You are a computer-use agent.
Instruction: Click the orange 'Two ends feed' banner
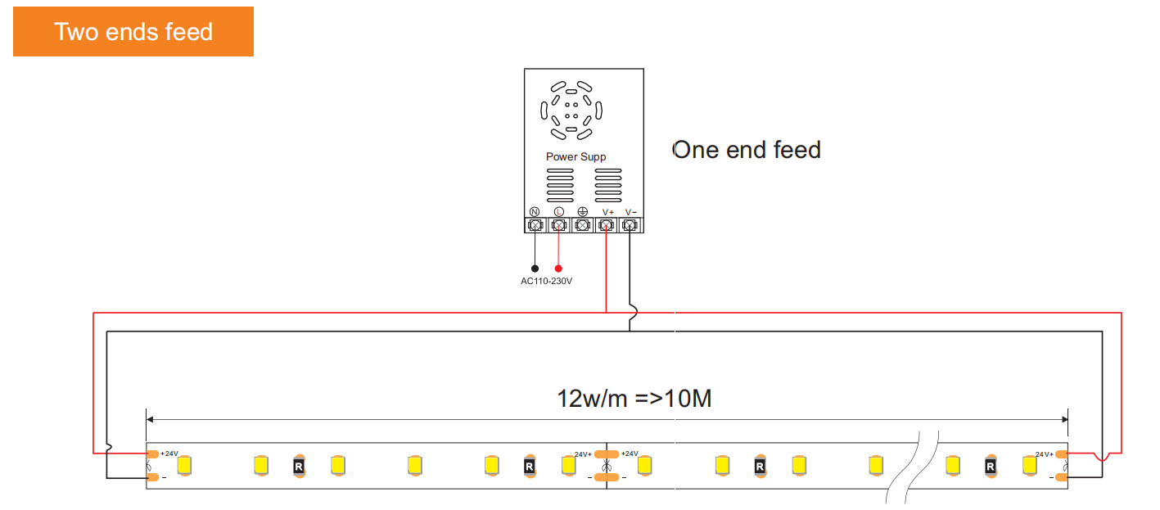[133, 32]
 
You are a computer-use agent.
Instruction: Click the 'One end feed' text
[747, 150]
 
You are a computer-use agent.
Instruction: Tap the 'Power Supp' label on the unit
[575, 157]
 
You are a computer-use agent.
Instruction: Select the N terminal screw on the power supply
[535, 225]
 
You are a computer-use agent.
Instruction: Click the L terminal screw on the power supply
[558, 225]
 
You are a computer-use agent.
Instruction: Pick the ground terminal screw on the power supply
[582, 225]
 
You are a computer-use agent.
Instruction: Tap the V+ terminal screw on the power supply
[606, 225]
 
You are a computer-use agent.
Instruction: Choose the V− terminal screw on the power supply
[630, 225]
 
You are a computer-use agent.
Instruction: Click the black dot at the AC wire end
[535, 269]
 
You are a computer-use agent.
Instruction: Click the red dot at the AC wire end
[558, 269]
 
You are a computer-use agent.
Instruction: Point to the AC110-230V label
[546, 281]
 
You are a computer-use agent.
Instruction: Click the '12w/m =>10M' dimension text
[634, 399]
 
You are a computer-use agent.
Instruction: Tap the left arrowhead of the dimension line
[149, 419]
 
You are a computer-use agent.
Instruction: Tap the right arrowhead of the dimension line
[1065, 419]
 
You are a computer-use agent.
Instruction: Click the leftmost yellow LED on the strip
[184, 466]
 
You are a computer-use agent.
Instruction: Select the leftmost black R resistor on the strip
[299, 467]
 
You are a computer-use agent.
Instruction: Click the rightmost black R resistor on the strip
[991, 467]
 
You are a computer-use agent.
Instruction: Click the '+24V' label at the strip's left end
[169, 454]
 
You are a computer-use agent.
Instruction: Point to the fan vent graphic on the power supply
[571, 111]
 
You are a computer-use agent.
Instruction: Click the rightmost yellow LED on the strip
[1030, 466]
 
